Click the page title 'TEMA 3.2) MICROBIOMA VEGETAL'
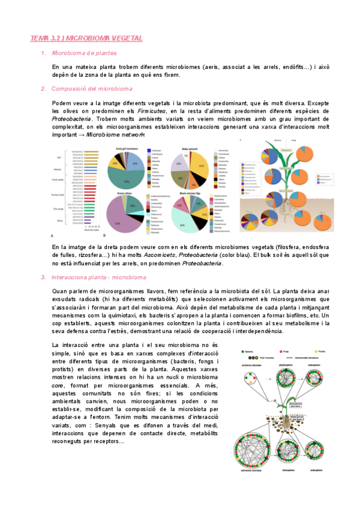(86, 38)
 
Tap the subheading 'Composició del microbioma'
(92, 89)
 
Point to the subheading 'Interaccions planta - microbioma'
(99, 277)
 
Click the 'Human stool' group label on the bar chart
(59, 194)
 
